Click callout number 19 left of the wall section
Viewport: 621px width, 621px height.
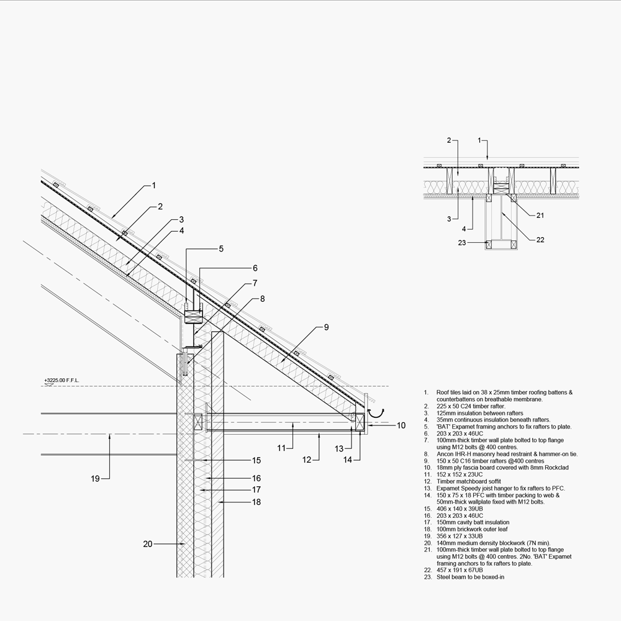pos(95,479)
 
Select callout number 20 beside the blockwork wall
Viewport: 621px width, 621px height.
pos(148,544)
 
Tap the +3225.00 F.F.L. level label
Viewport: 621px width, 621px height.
pos(62,379)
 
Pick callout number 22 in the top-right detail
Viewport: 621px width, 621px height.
pos(540,240)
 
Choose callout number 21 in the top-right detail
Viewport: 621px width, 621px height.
pos(540,215)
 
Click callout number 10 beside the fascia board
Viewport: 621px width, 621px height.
pos(401,425)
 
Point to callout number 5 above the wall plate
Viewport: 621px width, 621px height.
pos(220,249)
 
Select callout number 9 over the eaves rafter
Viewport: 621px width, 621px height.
pos(326,327)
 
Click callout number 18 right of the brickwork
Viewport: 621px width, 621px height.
pos(256,502)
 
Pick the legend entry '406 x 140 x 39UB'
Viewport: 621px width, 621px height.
pos(457,509)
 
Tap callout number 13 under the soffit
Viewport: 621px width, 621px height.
pos(339,448)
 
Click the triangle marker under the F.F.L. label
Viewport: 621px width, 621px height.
pos(47,386)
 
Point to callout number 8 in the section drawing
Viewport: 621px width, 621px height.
pos(263,298)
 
